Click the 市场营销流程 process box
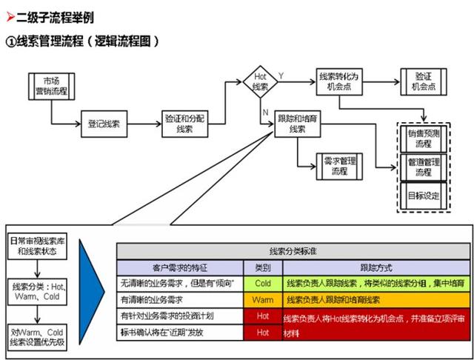[50, 86]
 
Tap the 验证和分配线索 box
[184, 123]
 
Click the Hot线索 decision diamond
[260, 82]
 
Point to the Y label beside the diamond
[281, 76]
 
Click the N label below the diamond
[264, 112]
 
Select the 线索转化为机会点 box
[338, 81]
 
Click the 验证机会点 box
[423, 81]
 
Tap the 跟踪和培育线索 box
[297, 124]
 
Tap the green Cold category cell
[263, 284]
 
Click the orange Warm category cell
[263, 301]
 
